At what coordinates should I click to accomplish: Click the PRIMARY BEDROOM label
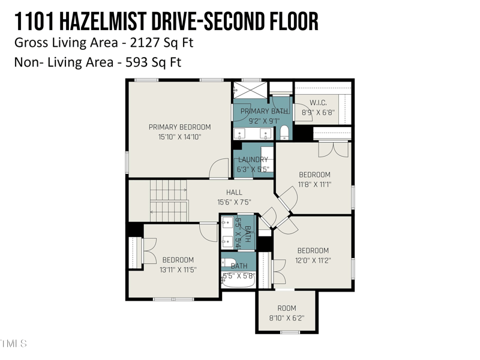click(179, 127)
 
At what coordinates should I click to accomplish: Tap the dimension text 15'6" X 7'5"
click(234, 202)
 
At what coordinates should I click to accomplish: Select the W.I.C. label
click(318, 102)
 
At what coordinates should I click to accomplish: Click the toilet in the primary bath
click(284, 132)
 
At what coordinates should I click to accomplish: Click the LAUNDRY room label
click(253, 160)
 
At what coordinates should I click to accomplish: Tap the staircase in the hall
click(169, 201)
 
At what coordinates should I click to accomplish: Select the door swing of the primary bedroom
click(218, 170)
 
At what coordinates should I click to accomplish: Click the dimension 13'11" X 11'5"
click(178, 270)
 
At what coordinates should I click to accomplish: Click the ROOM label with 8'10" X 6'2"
click(286, 308)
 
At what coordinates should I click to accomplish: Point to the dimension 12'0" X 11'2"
click(313, 260)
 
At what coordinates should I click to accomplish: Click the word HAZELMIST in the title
click(106, 22)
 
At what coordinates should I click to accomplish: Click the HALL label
click(234, 192)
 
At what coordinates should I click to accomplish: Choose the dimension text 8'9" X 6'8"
click(318, 112)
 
